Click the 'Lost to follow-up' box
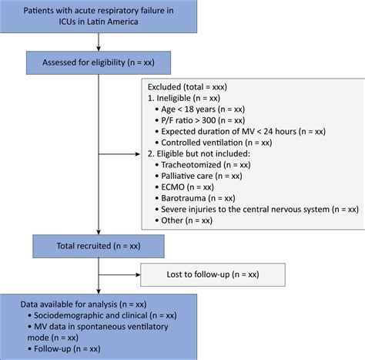click(x=213, y=274)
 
